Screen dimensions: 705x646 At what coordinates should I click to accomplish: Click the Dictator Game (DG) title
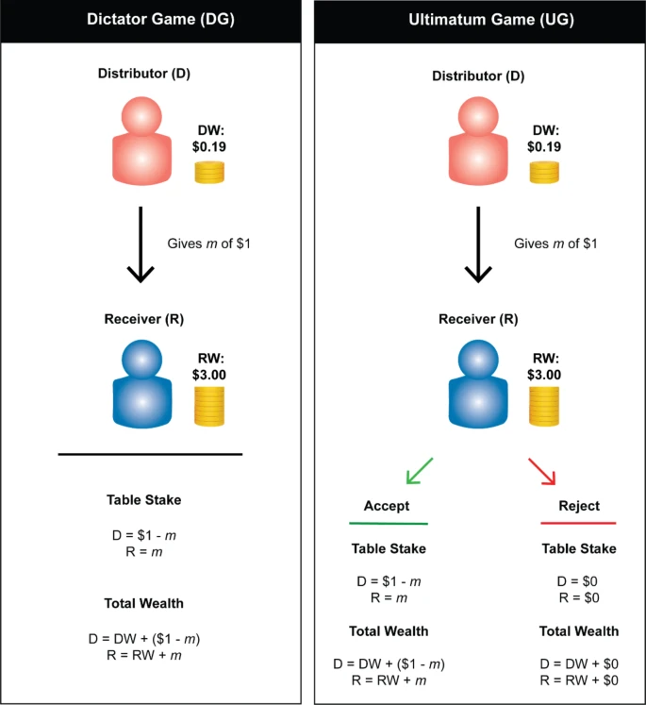[x=150, y=20]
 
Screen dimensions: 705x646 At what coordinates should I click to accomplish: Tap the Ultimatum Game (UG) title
[x=480, y=20]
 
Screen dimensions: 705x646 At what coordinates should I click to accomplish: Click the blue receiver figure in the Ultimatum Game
[x=477, y=385]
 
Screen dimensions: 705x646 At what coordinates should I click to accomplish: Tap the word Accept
[x=388, y=506]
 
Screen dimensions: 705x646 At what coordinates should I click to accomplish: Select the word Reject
[x=578, y=506]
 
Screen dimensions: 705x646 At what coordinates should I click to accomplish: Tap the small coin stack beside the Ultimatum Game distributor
[x=545, y=172]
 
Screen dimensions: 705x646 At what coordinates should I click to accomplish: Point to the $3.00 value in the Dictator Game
[x=209, y=374]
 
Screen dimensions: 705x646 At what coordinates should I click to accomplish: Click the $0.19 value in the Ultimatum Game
[x=546, y=146]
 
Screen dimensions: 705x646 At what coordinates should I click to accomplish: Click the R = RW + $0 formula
[x=578, y=680]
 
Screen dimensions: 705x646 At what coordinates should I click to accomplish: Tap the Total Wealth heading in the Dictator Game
[x=143, y=602]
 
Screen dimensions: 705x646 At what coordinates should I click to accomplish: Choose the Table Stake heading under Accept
[x=389, y=548]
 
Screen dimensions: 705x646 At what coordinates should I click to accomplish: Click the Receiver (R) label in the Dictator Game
[x=143, y=318]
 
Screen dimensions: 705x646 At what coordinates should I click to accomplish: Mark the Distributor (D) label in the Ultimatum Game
[x=480, y=73]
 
